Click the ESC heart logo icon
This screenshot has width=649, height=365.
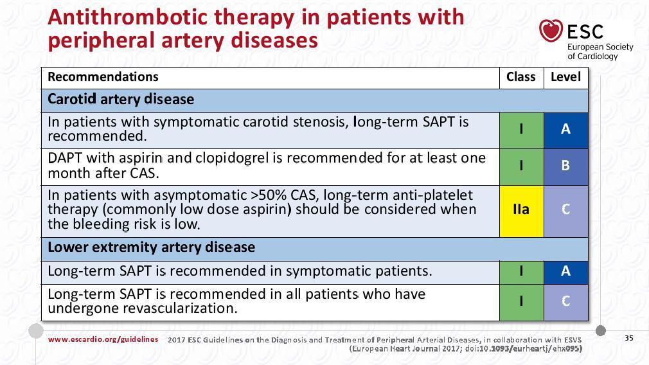tap(551, 31)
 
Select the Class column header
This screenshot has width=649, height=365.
tap(520, 77)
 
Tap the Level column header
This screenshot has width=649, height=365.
tap(565, 77)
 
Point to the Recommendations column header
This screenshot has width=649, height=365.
tap(103, 77)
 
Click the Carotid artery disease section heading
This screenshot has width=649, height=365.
tap(121, 100)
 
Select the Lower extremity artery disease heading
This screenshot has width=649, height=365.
tap(152, 247)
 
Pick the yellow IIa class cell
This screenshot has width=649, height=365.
tap(522, 211)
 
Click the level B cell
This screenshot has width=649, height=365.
tap(566, 167)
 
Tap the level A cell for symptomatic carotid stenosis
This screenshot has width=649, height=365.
tap(566, 130)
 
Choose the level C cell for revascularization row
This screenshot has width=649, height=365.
tap(566, 303)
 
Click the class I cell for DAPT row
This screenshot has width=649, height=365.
tap(522, 167)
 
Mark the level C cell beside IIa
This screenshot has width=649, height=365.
tap(566, 211)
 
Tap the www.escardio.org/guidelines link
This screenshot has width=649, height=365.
tap(103, 339)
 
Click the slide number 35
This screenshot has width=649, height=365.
tap(629, 338)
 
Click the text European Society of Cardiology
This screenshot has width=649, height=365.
tap(600, 51)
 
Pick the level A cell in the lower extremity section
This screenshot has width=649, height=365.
tap(566, 272)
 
